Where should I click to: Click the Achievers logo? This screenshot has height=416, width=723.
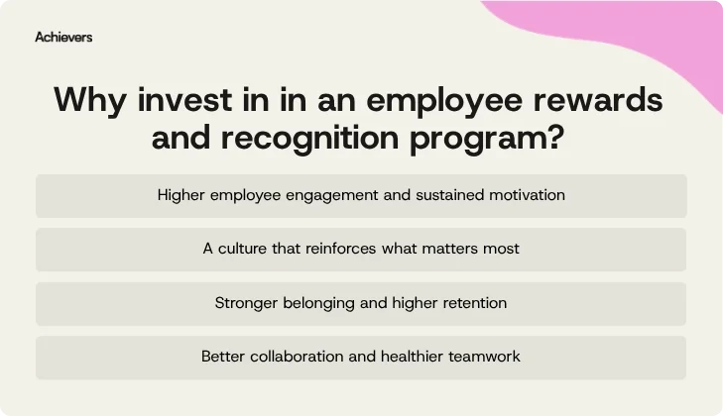(x=63, y=38)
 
